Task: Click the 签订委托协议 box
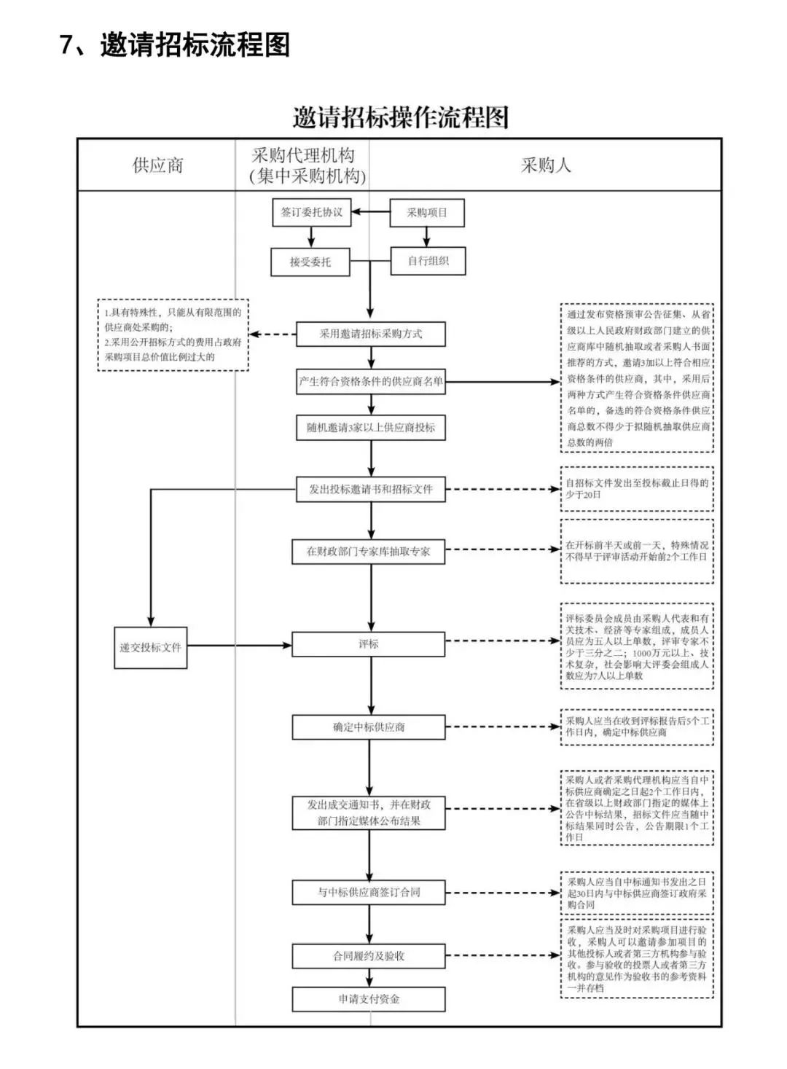312,212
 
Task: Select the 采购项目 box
427,213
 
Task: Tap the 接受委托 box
310,262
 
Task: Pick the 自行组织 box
428,261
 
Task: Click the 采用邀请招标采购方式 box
371,334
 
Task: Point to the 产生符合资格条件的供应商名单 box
371,381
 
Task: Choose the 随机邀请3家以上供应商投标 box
371,428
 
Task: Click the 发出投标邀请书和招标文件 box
371,489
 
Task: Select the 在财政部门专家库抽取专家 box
369,552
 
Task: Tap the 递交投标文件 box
151,647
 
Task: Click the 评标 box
369,644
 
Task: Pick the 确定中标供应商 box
369,727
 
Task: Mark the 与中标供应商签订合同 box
369,892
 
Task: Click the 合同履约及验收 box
369,956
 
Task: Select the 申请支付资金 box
369,999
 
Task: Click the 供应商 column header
157,165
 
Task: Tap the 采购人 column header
545,165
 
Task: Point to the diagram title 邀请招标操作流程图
400,117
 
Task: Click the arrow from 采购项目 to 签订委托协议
371,212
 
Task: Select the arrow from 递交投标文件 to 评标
240,646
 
